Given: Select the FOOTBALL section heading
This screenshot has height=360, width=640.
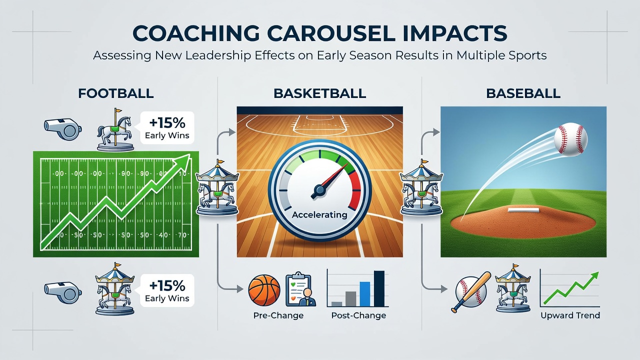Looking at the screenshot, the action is tap(115, 93).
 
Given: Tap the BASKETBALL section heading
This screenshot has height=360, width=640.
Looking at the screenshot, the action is tap(319, 93).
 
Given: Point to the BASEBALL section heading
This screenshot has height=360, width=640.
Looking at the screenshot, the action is tap(523, 93).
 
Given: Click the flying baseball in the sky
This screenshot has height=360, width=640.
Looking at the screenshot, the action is tap(570, 139).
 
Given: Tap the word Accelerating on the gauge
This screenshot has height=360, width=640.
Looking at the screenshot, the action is tap(319, 214).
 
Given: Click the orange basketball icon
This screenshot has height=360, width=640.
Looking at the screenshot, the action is tap(264, 290).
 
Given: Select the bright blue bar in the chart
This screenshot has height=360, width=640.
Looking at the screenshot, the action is tap(365, 294).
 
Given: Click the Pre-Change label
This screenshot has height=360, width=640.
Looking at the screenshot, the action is tap(278, 315).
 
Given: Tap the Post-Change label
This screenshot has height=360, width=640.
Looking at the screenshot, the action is tap(358, 315).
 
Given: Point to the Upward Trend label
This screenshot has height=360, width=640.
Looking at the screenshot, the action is tap(570, 315).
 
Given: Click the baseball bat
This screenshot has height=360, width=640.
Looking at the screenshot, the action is tap(471, 291).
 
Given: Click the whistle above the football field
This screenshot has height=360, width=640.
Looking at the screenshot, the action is tap(63, 129).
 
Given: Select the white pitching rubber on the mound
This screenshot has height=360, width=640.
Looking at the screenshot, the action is tap(523, 210).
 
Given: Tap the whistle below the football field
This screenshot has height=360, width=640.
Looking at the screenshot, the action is tap(63, 291).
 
